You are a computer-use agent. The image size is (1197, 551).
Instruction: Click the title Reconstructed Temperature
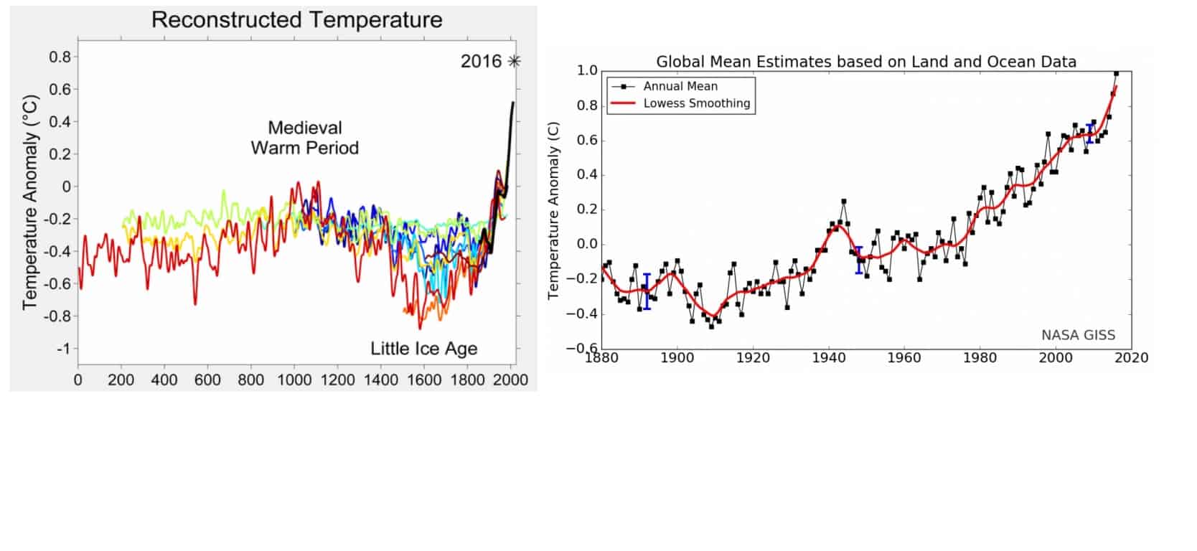point(296,20)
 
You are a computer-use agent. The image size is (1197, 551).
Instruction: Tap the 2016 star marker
point(513,62)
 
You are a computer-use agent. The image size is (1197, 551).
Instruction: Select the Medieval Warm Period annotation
point(304,138)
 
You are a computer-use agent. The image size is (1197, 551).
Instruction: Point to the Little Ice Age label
point(423,349)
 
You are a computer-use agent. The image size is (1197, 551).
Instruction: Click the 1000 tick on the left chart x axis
point(294,380)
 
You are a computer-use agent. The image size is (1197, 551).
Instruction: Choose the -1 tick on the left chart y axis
point(63,349)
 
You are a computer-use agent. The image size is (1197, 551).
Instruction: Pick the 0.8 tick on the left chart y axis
point(60,57)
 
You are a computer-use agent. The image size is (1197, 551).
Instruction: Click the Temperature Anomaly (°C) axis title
point(29,203)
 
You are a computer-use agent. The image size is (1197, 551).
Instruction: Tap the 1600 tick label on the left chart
point(424,380)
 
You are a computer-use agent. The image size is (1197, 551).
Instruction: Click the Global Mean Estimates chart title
point(866,62)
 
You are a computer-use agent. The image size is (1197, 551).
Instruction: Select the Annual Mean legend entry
point(680,86)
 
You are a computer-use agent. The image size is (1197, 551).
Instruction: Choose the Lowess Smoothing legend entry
point(696,103)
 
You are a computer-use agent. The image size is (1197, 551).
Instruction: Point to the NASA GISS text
point(1078,335)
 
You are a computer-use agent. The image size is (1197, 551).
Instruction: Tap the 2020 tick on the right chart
point(1132,357)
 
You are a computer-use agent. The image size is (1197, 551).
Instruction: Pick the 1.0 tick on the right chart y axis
point(587,70)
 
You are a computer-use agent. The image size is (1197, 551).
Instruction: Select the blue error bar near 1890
point(647,291)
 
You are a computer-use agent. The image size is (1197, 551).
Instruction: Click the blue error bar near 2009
point(1090,133)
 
